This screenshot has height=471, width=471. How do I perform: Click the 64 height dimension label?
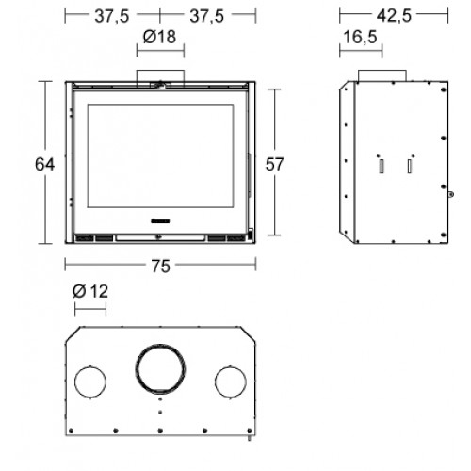(x=44, y=164)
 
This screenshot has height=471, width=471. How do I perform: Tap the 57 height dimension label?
(x=274, y=164)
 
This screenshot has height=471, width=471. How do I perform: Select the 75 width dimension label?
(x=161, y=266)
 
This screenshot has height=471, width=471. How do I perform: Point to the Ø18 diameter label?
(x=159, y=37)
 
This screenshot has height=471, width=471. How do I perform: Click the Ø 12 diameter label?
(x=90, y=291)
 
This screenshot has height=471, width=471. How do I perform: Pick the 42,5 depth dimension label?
(x=394, y=15)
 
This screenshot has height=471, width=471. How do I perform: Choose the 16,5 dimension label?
(x=360, y=37)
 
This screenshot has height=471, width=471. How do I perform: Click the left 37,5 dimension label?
(x=112, y=16)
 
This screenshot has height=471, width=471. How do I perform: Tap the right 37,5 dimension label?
(x=207, y=16)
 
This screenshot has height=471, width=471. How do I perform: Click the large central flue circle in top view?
(x=160, y=345)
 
